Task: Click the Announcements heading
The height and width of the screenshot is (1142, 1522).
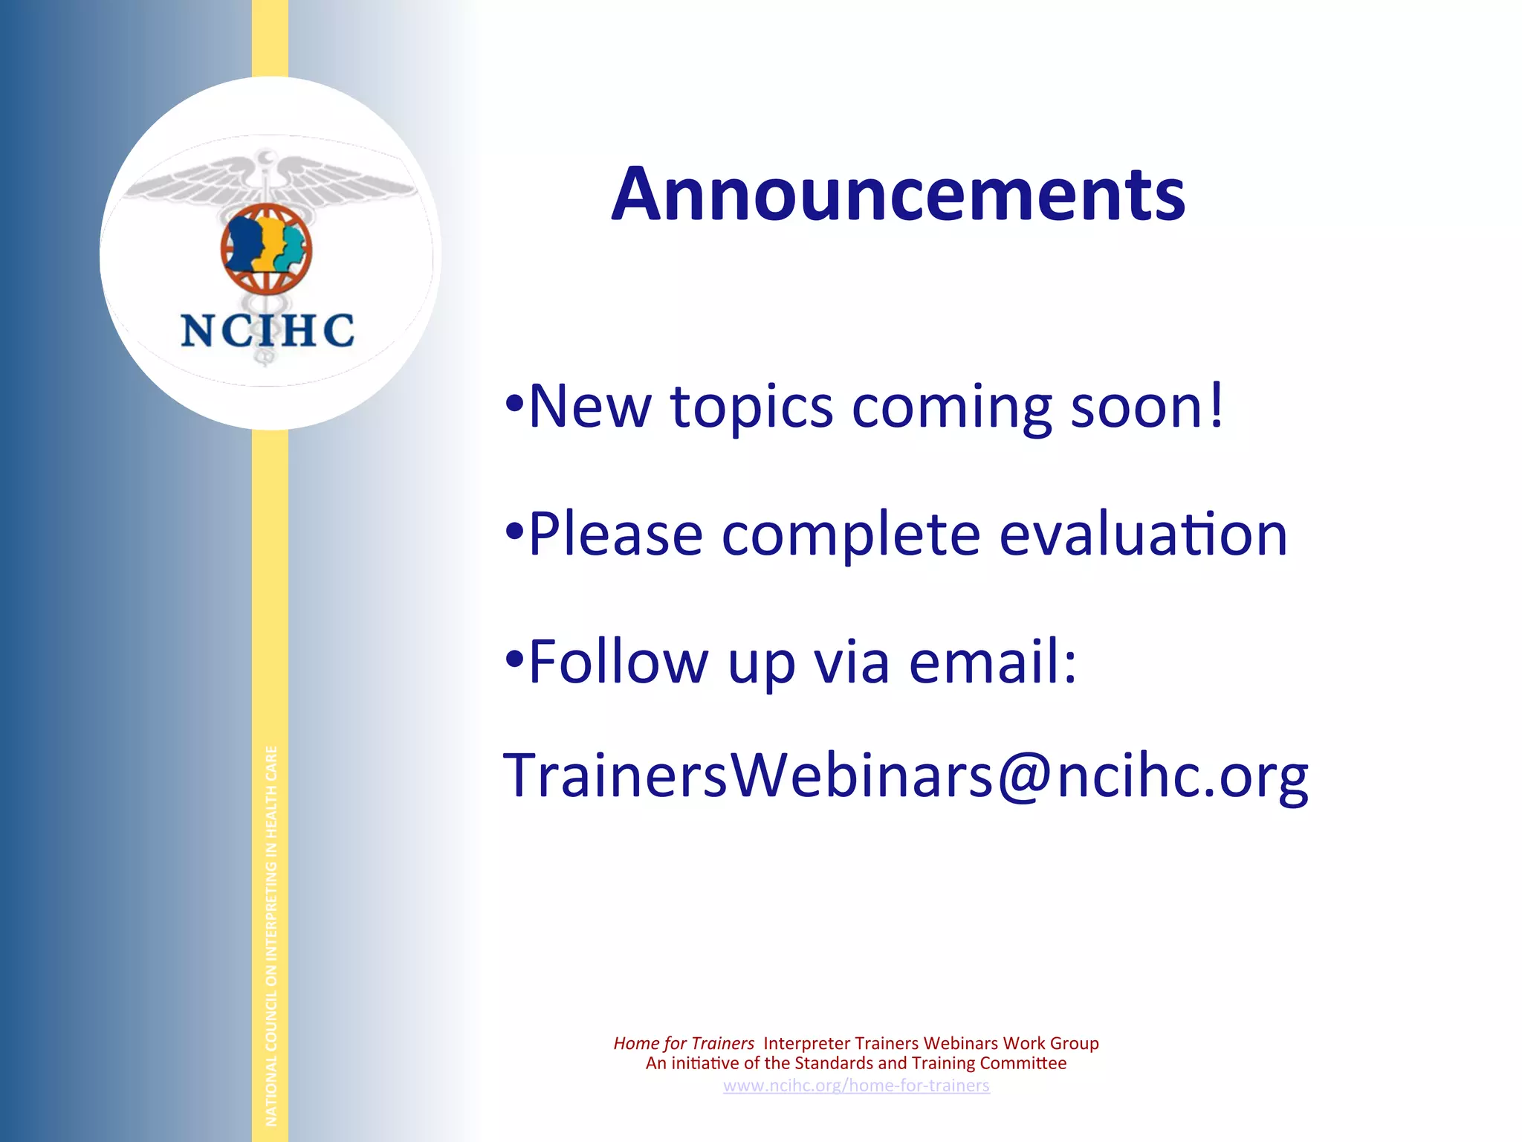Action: [898, 194]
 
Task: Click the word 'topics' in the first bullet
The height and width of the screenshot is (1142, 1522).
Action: [751, 407]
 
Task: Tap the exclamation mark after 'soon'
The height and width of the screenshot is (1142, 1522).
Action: [1216, 405]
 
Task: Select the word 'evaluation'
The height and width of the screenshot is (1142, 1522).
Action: [1142, 534]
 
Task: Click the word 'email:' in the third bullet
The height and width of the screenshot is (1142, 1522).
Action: [992, 661]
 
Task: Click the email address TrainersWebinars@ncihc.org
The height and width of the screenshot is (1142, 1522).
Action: [904, 776]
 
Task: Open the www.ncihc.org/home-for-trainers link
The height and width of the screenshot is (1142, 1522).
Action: [856, 1085]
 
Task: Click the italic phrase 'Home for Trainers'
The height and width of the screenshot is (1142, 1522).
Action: [683, 1043]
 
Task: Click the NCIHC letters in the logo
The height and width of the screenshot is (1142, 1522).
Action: [268, 330]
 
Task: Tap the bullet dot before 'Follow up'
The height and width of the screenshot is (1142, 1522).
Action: [514, 659]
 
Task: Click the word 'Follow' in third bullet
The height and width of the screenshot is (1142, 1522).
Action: [618, 661]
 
